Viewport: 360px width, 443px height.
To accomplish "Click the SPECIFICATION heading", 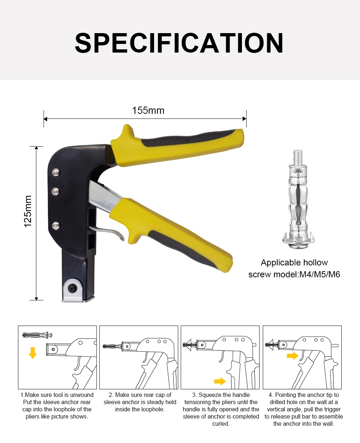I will (179, 44).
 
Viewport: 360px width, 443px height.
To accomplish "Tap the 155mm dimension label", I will (148, 110).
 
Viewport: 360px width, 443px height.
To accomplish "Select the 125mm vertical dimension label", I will (28, 211).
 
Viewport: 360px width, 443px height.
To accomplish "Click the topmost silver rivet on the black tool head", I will (55, 173).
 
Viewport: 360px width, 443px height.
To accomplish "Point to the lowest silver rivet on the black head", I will (55, 226).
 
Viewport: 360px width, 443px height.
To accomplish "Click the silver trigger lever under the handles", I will (108, 232).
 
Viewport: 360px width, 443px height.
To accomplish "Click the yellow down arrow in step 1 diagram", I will (33, 353).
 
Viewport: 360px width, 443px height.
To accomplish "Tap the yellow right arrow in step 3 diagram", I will (220, 381).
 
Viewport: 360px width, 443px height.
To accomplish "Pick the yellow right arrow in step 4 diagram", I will (293, 356).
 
